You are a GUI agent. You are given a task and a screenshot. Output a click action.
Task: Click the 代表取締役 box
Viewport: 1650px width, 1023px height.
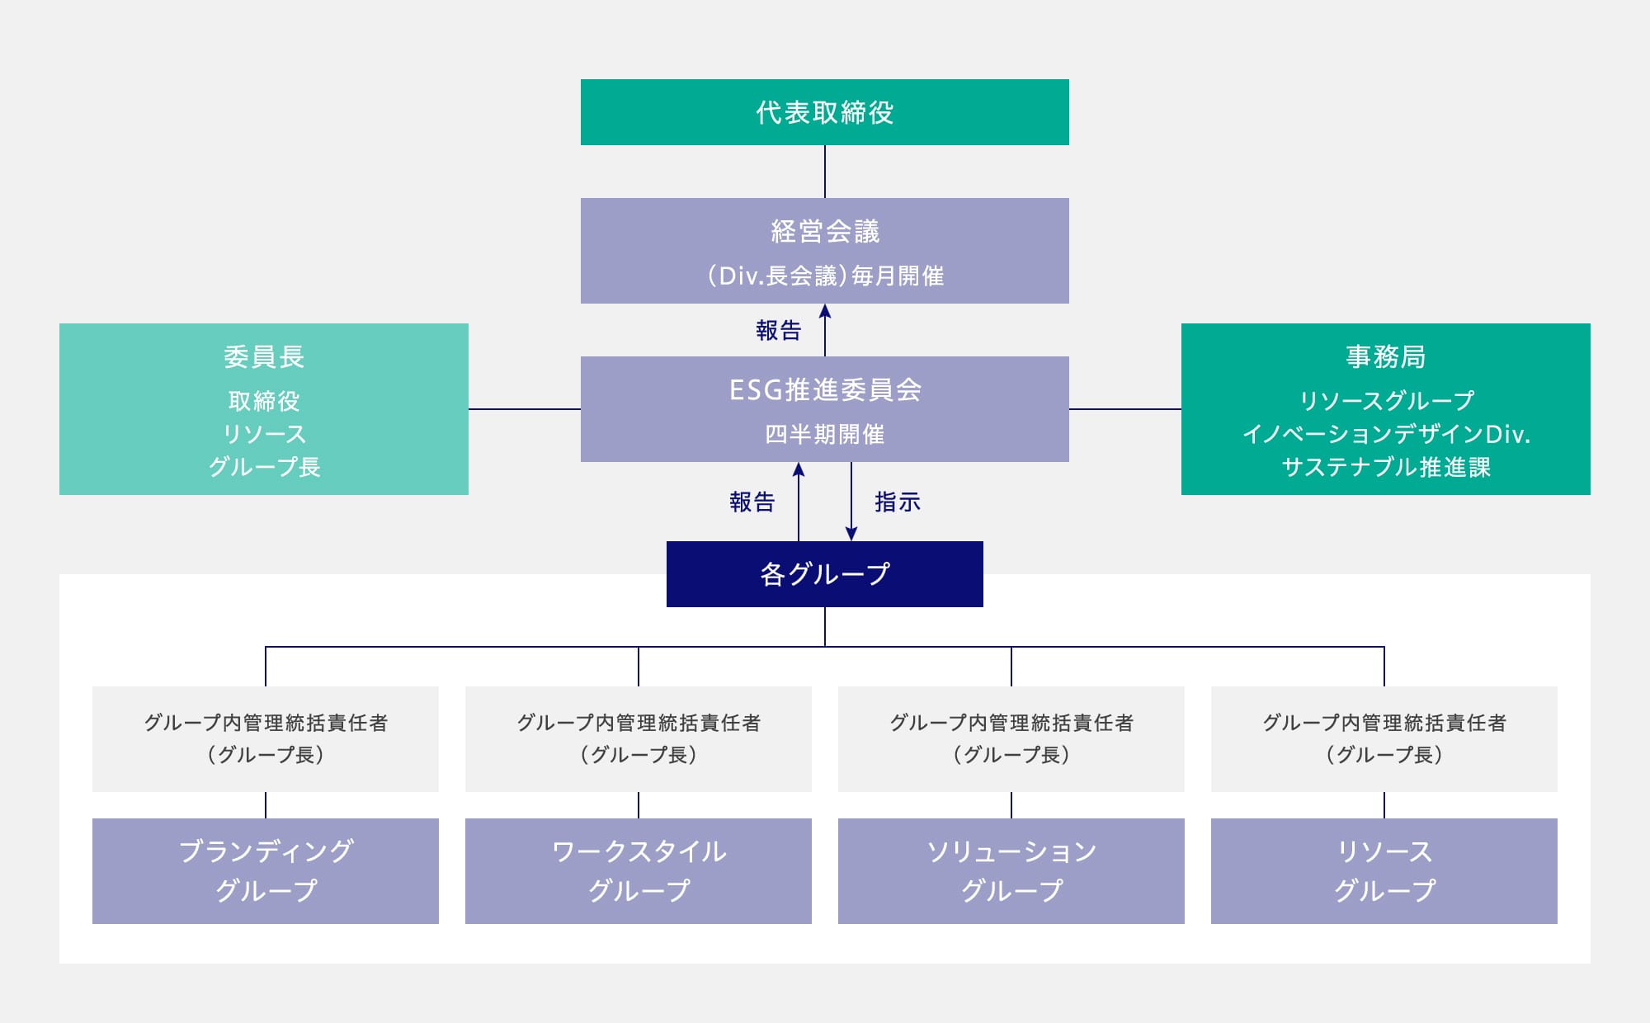(824, 112)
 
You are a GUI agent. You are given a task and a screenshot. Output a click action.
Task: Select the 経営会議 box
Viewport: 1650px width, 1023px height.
(824, 250)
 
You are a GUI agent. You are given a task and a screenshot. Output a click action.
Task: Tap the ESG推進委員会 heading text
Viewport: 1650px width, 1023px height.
(824, 389)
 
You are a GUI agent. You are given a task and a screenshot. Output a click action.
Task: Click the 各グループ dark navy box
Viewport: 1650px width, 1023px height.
(824, 574)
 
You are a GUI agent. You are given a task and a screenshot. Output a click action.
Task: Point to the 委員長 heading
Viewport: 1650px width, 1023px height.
(264, 356)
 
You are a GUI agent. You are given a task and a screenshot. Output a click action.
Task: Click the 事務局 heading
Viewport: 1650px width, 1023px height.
(1385, 356)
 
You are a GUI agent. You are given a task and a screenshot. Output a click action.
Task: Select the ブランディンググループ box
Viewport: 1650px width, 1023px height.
(266, 870)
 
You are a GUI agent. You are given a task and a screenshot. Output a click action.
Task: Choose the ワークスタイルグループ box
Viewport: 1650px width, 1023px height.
(638, 870)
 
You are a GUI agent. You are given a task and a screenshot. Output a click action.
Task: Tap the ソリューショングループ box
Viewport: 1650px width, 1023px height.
(1011, 870)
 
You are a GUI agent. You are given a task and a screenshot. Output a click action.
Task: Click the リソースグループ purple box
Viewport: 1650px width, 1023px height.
(1384, 870)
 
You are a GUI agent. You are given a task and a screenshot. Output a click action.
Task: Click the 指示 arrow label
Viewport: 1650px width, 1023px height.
(897, 502)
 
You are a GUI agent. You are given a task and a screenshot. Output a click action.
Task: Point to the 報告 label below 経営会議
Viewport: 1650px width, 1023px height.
(778, 331)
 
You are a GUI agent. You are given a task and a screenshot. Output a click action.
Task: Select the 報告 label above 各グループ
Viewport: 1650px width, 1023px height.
(752, 502)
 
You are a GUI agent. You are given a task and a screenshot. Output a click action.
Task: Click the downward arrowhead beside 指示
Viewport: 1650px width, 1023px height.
(851, 534)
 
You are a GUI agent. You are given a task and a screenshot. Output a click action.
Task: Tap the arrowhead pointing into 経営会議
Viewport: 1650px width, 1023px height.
(825, 312)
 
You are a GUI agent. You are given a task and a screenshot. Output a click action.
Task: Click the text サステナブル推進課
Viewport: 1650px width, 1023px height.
(1385, 467)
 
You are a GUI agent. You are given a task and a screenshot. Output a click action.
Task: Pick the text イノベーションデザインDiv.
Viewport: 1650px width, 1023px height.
(1385, 434)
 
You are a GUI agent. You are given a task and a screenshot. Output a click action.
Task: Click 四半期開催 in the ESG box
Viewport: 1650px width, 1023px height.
(824, 434)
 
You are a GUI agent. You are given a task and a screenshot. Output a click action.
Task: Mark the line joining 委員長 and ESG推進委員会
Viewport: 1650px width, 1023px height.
(525, 408)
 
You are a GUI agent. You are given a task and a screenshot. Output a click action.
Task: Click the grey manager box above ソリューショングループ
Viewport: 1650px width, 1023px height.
(1011, 738)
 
